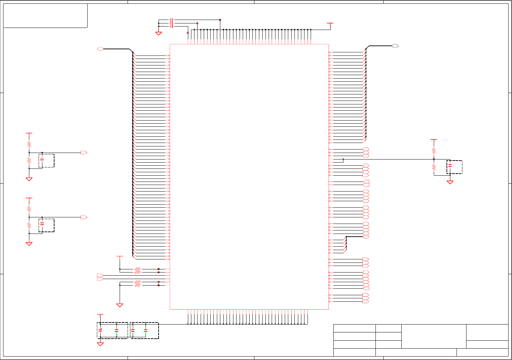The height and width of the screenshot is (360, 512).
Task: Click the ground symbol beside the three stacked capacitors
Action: coord(159,33)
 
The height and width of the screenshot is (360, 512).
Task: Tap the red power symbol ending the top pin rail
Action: coord(330,24)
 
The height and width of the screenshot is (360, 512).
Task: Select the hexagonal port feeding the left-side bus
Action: coord(100,49)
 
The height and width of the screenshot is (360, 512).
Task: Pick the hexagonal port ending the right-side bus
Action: coord(395,46)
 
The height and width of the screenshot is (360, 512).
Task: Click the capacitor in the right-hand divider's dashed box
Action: coord(450,166)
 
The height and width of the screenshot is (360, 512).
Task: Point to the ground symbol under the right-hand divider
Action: coord(450,182)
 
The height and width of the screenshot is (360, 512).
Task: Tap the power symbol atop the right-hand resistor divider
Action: coord(434,140)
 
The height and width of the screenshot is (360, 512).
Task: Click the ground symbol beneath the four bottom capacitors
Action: coord(100,344)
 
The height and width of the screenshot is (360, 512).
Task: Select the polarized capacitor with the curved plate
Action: coord(100,330)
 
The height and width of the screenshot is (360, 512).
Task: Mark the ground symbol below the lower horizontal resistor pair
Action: coord(120,305)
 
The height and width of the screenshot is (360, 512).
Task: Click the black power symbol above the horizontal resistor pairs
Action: coord(120,257)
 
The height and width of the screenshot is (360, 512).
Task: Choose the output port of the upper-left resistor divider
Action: coord(84,153)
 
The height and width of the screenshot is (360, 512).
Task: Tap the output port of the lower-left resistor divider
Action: coord(84,217)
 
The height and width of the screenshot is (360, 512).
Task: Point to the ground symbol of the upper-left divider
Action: coord(29,179)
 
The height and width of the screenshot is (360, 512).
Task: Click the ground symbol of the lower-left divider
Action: coord(29,244)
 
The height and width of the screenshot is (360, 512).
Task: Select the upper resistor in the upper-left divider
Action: coord(29,144)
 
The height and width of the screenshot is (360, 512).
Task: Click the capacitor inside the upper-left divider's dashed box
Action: coord(42,160)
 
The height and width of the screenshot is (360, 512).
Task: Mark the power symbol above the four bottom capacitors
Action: coord(100,315)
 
